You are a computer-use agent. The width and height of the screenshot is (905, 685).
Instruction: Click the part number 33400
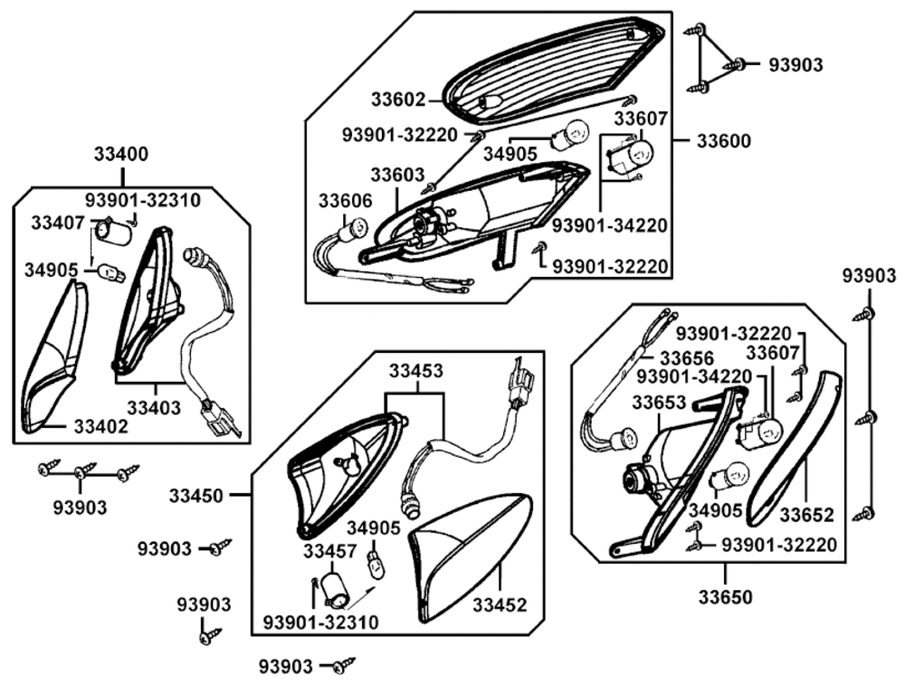coord(121,154)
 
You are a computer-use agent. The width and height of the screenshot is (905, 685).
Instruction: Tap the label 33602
coord(398,98)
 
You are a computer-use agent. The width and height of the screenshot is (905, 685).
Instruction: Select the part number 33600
coord(724,141)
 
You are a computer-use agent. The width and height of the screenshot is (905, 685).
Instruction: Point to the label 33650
coord(725,596)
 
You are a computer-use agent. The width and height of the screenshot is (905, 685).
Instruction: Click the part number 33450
coord(195,495)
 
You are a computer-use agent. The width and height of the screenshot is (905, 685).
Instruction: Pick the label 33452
coord(500,605)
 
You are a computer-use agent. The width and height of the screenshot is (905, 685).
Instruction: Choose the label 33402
coord(100,425)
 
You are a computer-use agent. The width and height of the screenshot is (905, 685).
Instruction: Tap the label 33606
coord(345,199)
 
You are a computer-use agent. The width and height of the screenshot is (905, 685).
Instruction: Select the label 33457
coord(330,550)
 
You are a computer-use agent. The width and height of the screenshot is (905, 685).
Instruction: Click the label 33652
coord(806,515)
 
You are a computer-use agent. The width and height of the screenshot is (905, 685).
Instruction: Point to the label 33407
coord(58,222)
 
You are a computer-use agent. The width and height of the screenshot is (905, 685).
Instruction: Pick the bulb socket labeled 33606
coord(346,233)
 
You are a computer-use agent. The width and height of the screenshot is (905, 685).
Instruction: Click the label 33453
coord(416,370)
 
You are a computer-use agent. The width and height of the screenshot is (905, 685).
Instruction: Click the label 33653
coord(659,401)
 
